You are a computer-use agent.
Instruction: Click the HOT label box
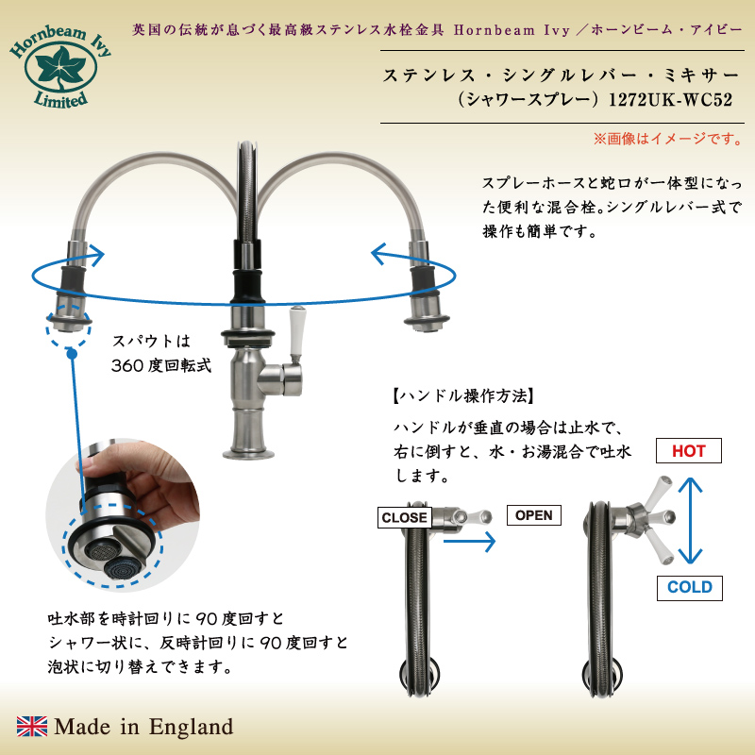[x=689, y=451]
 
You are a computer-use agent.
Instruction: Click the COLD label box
[x=690, y=587]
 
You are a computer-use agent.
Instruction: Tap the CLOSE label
[x=405, y=517]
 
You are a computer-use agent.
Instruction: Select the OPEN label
[x=533, y=515]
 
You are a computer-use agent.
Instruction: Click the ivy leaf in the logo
[x=60, y=68]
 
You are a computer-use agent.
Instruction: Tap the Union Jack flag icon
[x=32, y=726]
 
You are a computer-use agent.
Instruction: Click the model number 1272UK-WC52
[x=670, y=100]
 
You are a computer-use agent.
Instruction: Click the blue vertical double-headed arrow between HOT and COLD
[x=690, y=520]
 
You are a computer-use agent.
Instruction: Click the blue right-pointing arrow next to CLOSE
[x=469, y=541]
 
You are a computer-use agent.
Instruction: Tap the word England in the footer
[x=192, y=727]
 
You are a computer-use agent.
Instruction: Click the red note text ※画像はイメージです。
[x=668, y=139]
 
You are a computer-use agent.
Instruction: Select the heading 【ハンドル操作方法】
[x=463, y=395]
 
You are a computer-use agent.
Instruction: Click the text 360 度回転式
[x=161, y=365]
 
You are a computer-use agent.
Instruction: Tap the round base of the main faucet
[x=248, y=453]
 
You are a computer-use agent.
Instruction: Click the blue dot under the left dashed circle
[x=72, y=354]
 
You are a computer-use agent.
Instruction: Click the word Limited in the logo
[x=61, y=100]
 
